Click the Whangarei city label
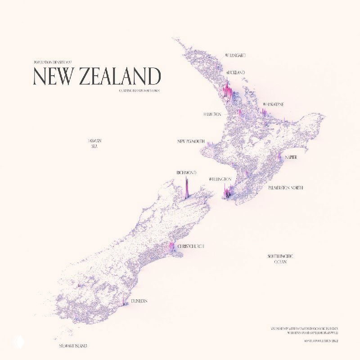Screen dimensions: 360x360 click(x=236, y=55)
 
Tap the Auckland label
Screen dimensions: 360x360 click(x=235, y=72)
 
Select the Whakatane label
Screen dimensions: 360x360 click(x=273, y=104)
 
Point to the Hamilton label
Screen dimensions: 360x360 click(x=212, y=114)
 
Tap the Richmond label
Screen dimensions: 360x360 click(x=186, y=172)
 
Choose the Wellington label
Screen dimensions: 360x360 click(x=220, y=179)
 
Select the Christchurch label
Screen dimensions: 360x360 click(x=191, y=247)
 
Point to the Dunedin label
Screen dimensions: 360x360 click(x=139, y=300)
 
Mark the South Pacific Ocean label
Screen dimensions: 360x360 click(x=281, y=258)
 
